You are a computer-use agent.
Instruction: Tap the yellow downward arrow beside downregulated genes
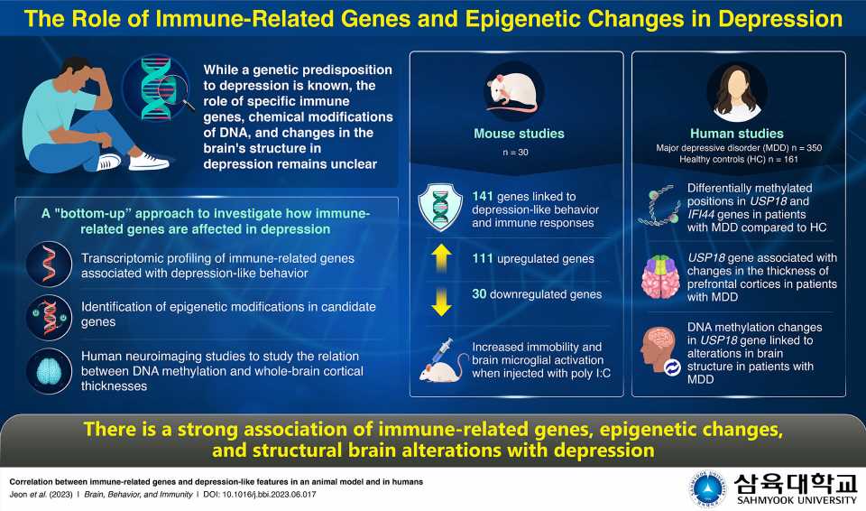(x=441, y=302)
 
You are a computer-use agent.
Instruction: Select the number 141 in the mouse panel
(x=484, y=197)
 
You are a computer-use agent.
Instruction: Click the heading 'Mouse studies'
(x=519, y=134)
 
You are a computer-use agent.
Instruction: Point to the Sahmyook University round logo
(x=706, y=488)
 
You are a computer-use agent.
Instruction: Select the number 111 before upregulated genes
(x=484, y=259)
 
